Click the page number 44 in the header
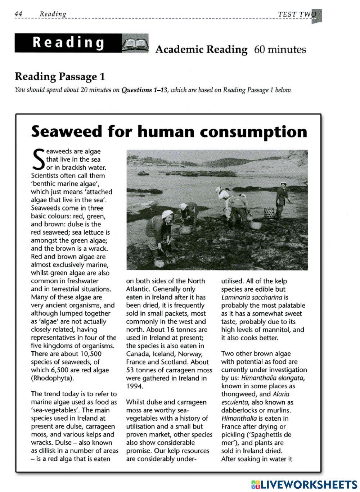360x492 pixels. [19, 14]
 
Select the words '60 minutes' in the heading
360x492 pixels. [280, 50]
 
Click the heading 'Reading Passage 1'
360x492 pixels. [60, 77]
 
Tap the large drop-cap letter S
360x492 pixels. [38, 159]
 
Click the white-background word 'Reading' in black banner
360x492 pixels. [68, 43]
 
